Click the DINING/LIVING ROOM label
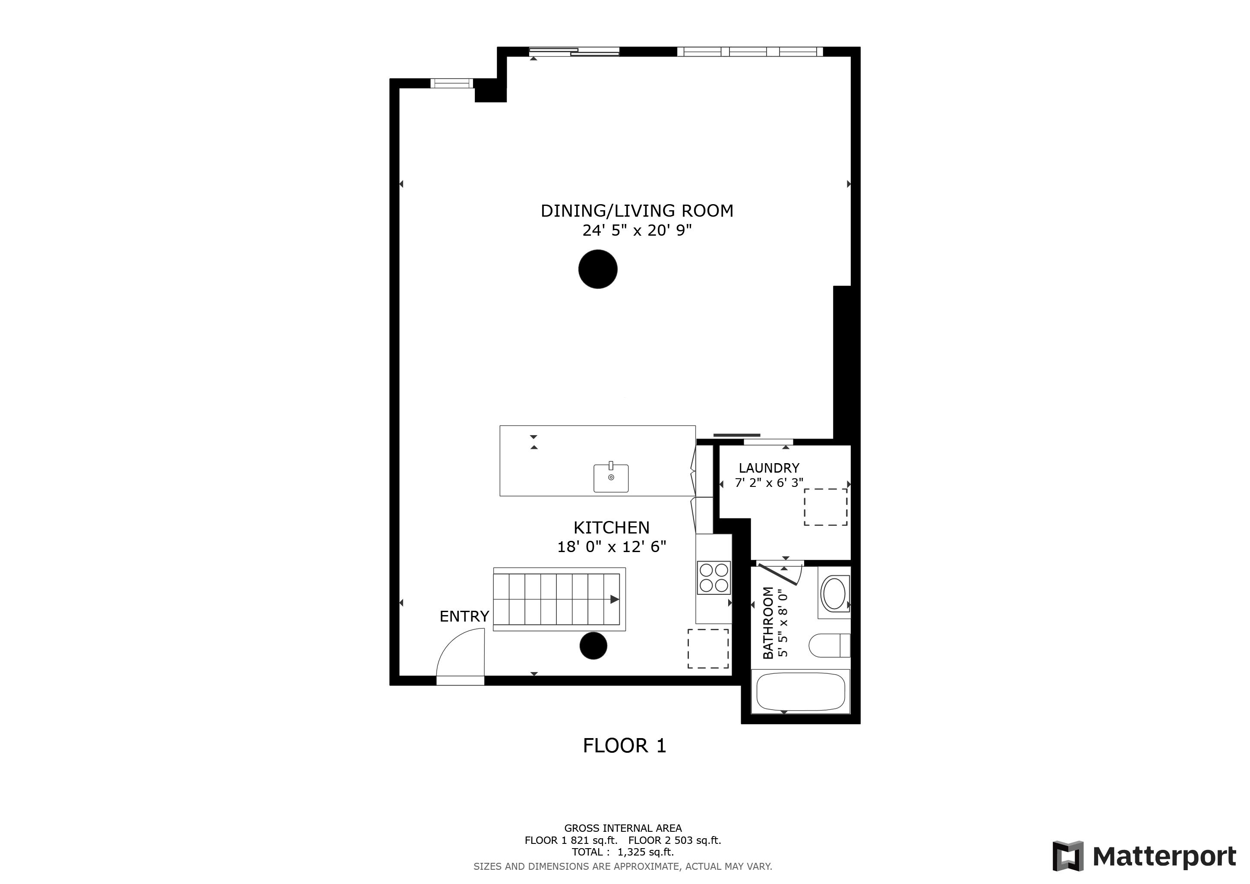pos(637,211)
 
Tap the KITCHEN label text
pos(611,527)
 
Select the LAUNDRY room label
pos(769,467)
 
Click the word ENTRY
pos(464,616)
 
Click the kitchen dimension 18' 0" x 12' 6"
pos(611,546)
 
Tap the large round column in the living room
pos(598,269)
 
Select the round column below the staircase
pos(593,646)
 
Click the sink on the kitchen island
pos(611,477)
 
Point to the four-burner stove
pos(714,578)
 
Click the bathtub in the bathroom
pos(800,691)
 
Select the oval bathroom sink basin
pos(833,594)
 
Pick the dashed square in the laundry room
pos(825,507)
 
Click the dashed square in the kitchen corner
pos(708,649)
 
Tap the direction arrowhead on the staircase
pos(615,599)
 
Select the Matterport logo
pos(1144,856)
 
